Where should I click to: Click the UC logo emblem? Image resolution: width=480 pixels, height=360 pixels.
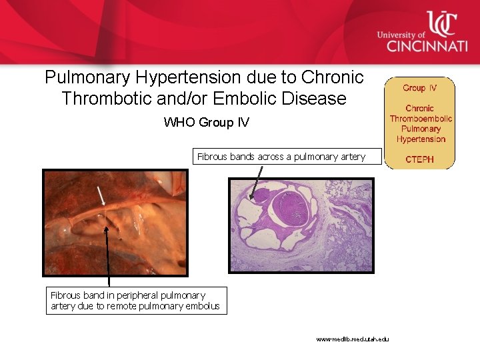point(441,25)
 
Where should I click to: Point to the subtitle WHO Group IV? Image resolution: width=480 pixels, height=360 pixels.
point(206,123)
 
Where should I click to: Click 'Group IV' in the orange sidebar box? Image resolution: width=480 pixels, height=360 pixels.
point(420,88)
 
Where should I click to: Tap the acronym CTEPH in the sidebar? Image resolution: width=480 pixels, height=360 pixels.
point(420,159)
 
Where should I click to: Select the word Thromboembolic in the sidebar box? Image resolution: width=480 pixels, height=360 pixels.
point(421,119)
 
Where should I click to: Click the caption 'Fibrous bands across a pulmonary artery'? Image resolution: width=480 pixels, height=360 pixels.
point(281,157)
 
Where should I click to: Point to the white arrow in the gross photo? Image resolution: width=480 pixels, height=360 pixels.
point(100,195)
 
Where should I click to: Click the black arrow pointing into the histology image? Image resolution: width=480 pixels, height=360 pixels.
point(256,182)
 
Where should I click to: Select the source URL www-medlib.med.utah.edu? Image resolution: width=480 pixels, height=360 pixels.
point(352,339)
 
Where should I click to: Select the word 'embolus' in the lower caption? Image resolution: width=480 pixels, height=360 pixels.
point(203,307)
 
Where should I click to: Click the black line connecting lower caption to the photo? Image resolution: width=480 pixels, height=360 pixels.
point(108,260)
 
